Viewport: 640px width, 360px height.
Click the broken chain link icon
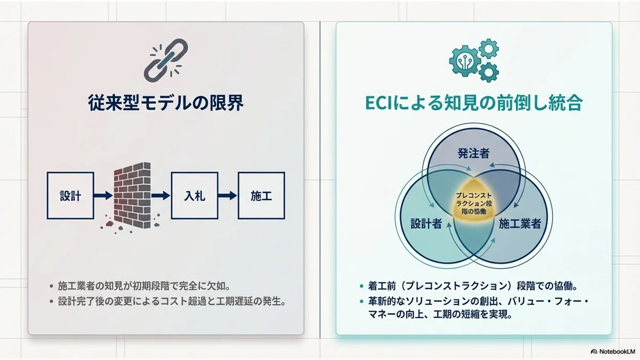[x=166, y=60]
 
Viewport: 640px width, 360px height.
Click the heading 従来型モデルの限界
[x=166, y=103]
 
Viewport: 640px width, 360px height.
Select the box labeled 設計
[x=70, y=196]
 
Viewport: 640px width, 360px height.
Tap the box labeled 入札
[x=195, y=196]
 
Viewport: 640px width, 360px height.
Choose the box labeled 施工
[x=261, y=196]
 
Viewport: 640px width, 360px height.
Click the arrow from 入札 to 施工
[x=228, y=196]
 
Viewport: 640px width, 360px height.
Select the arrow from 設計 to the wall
[x=103, y=196]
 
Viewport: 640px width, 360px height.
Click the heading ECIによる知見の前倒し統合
[x=474, y=103]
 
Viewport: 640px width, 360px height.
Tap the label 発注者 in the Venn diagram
[x=474, y=154]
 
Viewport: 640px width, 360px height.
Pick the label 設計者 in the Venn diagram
[x=426, y=223]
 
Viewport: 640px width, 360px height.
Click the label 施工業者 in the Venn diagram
[x=520, y=223]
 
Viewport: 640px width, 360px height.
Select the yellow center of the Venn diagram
[x=474, y=203]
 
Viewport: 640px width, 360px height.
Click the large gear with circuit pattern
[x=465, y=61]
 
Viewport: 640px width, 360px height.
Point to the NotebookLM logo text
[x=617, y=351]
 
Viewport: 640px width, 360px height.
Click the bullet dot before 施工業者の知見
[x=51, y=286]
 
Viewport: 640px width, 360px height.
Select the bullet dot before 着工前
[x=362, y=286]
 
